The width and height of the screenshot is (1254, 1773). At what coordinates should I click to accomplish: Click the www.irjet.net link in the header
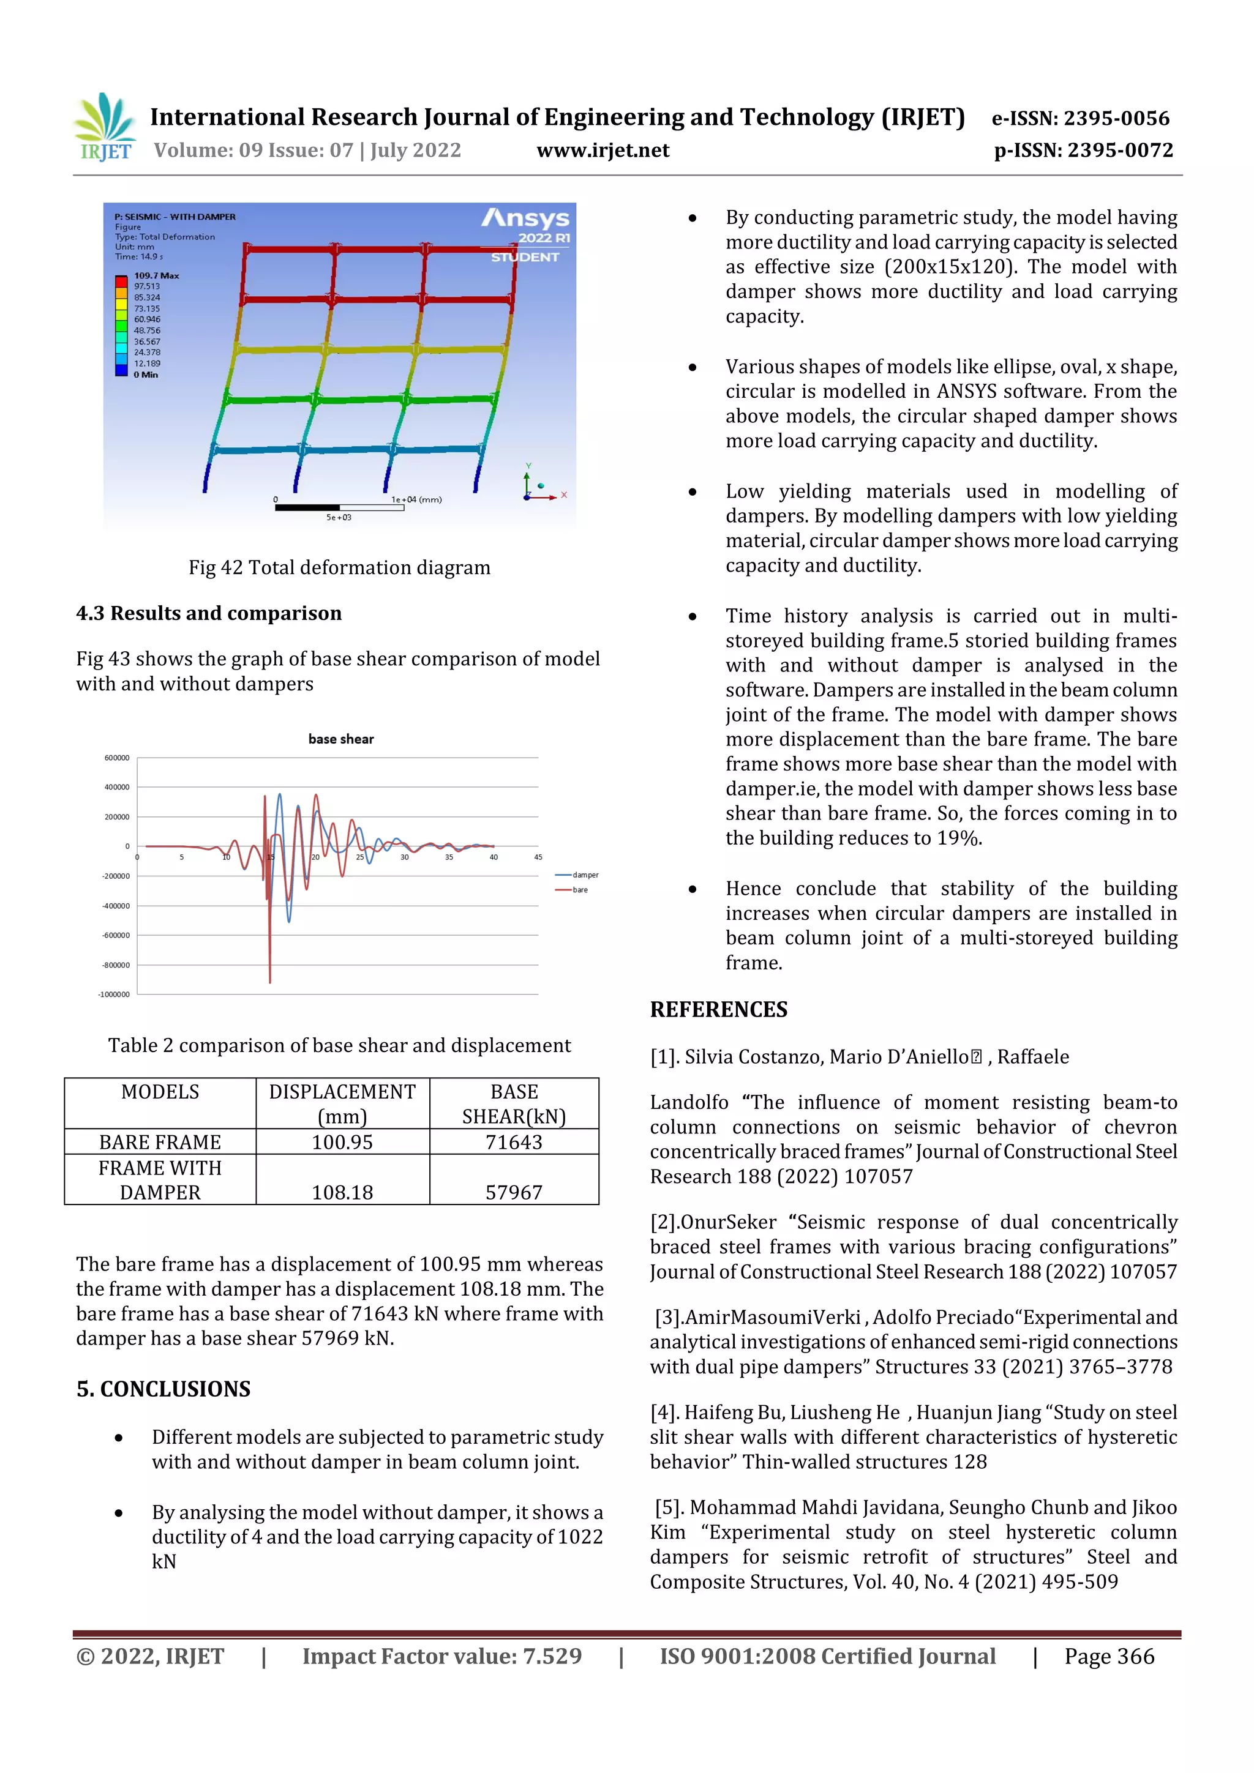(x=602, y=151)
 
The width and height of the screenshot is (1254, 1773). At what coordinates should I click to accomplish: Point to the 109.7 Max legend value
(x=156, y=275)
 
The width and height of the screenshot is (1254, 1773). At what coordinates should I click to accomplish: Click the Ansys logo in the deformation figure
(x=525, y=218)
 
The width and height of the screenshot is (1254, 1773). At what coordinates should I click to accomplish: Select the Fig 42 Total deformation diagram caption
(x=339, y=567)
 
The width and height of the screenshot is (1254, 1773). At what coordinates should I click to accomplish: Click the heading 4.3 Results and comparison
(x=209, y=613)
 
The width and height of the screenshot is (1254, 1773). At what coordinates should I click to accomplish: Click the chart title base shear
(x=340, y=739)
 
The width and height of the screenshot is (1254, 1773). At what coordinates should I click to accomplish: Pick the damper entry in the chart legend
(x=585, y=875)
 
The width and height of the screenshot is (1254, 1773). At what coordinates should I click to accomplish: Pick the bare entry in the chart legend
(x=579, y=890)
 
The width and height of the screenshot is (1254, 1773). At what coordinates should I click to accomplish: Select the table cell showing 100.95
(x=342, y=1142)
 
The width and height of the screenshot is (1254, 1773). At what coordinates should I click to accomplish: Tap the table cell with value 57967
(x=514, y=1192)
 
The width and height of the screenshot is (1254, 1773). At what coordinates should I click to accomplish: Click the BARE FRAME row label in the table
(x=160, y=1142)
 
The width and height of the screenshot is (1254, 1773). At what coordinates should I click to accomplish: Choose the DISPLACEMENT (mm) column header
(x=342, y=1103)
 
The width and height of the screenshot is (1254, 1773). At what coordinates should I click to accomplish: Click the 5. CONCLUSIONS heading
(x=164, y=1389)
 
